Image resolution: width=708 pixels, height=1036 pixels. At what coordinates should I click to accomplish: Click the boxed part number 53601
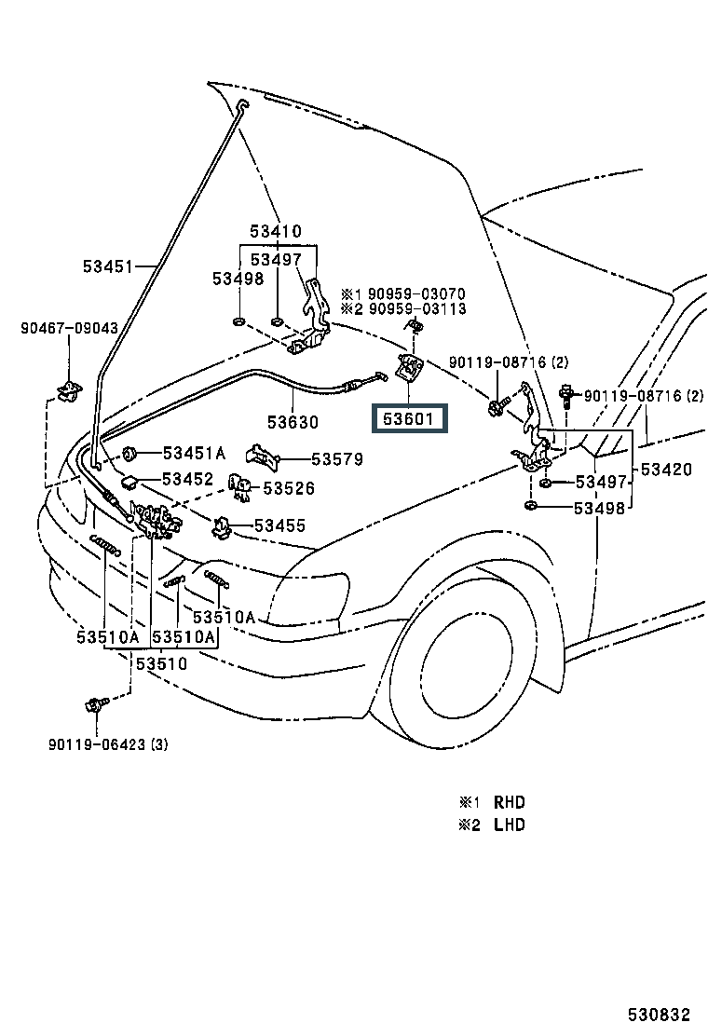(x=411, y=419)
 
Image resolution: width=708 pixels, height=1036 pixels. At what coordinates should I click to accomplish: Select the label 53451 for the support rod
(x=105, y=266)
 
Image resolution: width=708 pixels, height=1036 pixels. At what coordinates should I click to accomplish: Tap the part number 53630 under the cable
(x=293, y=422)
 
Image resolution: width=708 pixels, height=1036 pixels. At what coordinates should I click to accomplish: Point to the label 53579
(x=337, y=459)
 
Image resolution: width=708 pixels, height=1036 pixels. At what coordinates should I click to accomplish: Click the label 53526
(x=289, y=488)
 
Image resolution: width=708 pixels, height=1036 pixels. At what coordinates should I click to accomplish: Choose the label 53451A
(x=195, y=454)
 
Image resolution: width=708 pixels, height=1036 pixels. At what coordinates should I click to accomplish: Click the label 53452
(x=189, y=479)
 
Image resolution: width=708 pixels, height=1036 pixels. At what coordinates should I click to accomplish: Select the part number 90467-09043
(x=70, y=328)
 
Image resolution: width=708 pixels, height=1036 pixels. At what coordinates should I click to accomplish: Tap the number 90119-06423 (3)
(x=109, y=744)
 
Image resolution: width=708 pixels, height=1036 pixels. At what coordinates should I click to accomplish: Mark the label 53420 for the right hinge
(x=665, y=470)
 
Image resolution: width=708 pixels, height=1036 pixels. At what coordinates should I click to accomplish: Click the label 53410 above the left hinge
(x=275, y=231)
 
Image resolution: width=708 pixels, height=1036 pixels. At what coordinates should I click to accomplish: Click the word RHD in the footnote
(x=510, y=802)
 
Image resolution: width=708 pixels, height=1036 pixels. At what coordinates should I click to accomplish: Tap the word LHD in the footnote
(x=510, y=825)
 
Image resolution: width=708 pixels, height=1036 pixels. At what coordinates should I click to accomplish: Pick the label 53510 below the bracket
(x=162, y=664)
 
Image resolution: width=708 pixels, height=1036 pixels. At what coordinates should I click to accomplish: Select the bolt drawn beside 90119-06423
(x=96, y=703)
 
